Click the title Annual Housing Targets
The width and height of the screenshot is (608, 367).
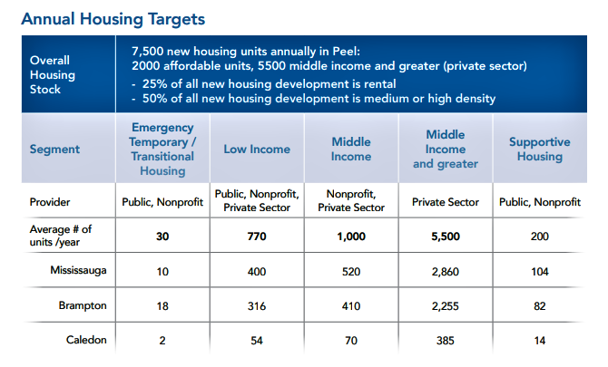(113, 19)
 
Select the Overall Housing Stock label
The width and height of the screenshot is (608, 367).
(53, 74)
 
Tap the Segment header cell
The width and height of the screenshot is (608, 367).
(54, 149)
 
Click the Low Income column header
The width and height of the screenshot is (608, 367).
(257, 149)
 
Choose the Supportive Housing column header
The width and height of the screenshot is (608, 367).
(539, 149)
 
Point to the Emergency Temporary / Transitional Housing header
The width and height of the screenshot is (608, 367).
(162, 149)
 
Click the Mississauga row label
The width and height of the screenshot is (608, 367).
(78, 270)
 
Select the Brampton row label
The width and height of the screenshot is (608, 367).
(83, 305)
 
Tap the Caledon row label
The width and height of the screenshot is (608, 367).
(86, 340)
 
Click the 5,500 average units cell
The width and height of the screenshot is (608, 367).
(446, 237)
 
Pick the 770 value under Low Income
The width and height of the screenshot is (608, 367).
(257, 237)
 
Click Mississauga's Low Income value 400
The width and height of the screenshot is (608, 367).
(257, 271)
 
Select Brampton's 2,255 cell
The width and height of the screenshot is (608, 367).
(446, 306)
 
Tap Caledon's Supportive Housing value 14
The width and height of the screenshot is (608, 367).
(539, 341)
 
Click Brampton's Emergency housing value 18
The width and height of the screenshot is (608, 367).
(162, 306)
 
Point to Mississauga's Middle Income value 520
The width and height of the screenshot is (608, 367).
(351, 271)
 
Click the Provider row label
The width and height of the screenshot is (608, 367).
(50, 202)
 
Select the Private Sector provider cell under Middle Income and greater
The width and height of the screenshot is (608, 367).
(446, 202)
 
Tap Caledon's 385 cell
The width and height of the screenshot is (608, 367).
(446, 341)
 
